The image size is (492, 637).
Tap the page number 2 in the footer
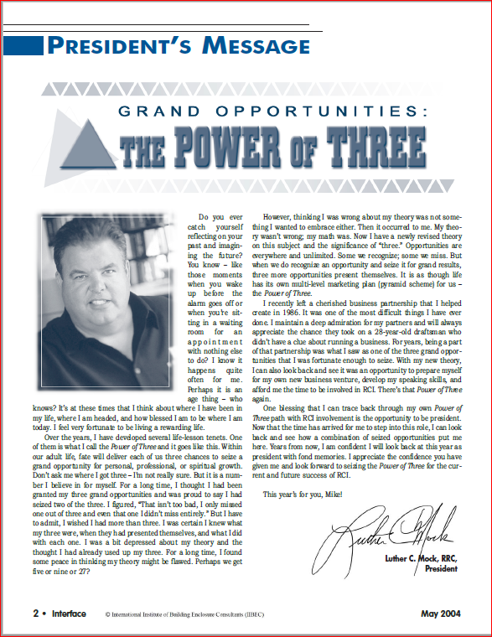pyautogui.click(x=36, y=613)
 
